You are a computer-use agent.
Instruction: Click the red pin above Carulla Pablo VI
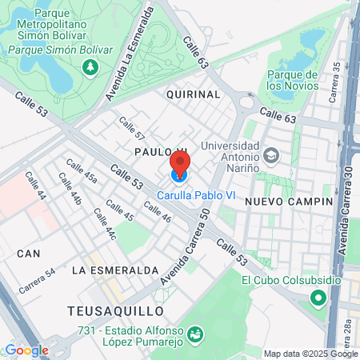click(x=180, y=166)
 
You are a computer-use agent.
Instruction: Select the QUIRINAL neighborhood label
click(x=193, y=94)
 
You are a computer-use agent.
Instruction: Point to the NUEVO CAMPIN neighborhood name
click(x=289, y=202)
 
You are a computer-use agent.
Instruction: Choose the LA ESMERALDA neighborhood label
click(x=115, y=270)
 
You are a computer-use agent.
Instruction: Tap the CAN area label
click(x=29, y=253)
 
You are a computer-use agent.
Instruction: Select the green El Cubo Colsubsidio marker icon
click(x=318, y=298)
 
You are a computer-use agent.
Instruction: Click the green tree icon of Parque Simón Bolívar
click(x=89, y=69)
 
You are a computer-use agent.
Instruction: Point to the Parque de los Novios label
click(x=293, y=79)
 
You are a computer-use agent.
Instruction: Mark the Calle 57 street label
click(x=132, y=129)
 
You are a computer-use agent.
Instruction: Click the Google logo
click(x=26, y=350)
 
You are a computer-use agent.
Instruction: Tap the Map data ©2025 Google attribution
click(x=311, y=354)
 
